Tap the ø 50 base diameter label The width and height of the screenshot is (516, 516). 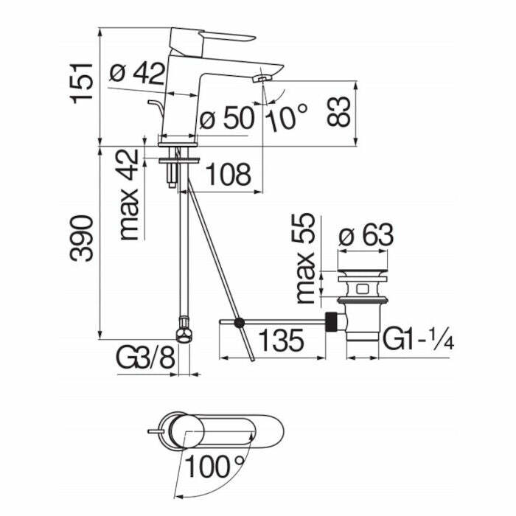[x=226, y=118]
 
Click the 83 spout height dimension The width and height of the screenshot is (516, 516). [x=340, y=111]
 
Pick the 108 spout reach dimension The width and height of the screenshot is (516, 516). [x=228, y=175]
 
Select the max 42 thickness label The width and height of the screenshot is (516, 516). [x=129, y=195]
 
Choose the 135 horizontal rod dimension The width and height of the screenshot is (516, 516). [x=281, y=341]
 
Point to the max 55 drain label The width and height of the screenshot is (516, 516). [x=305, y=259]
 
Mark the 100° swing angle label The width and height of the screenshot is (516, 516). [x=214, y=465]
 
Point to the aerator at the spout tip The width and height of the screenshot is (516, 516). [x=261, y=78]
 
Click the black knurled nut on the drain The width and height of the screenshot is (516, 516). [x=334, y=322]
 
